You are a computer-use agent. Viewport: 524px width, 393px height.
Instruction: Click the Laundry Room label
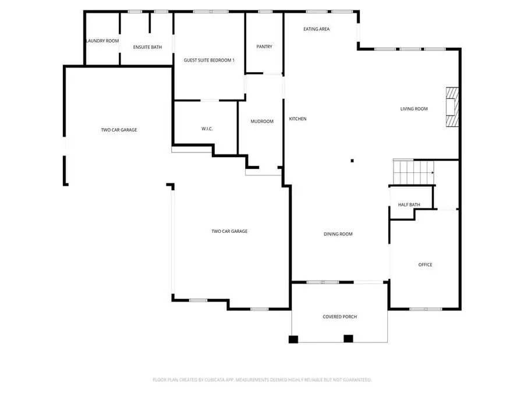102,41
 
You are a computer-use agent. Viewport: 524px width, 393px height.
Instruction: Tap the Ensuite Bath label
147,47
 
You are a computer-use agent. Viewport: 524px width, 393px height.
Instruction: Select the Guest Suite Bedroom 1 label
209,60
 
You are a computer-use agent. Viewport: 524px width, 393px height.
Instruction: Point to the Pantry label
264,47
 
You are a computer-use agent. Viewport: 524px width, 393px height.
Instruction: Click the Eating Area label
317,29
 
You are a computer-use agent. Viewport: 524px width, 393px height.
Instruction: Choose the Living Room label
414,108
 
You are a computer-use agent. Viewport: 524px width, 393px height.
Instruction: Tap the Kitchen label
298,119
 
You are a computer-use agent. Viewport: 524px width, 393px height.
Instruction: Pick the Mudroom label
262,121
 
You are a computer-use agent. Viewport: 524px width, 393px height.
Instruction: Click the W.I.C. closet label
207,129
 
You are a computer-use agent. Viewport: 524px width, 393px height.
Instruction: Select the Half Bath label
409,205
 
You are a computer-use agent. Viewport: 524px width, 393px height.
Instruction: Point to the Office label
425,265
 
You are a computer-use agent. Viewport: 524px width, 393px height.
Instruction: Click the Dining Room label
338,234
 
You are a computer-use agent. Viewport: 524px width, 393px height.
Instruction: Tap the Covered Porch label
339,317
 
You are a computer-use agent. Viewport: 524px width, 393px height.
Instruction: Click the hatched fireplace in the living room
452,107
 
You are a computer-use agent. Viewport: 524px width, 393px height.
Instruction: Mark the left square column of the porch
293,339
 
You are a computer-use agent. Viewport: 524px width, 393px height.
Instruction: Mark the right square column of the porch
348,338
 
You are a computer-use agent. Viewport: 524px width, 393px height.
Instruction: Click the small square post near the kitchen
352,161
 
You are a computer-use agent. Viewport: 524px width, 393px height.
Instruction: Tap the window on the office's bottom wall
425,309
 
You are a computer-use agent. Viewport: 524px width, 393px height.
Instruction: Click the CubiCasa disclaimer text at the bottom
262,380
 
